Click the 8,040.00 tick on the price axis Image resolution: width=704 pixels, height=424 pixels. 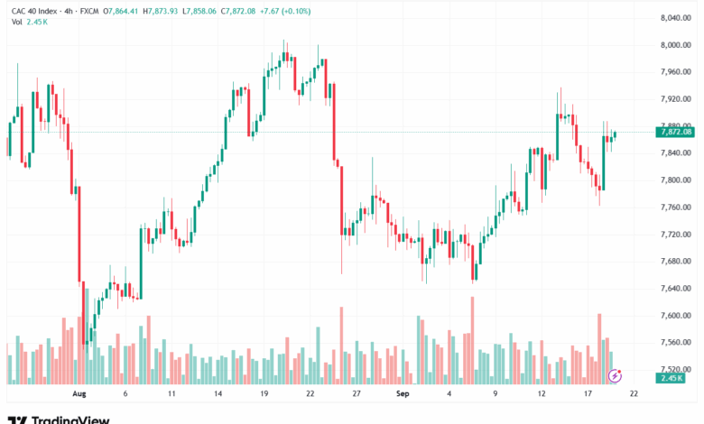click(675, 18)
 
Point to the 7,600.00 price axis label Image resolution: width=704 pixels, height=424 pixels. click(675, 316)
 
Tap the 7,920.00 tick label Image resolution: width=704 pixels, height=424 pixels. click(675, 99)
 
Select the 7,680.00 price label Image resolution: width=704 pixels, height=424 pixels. click(675, 262)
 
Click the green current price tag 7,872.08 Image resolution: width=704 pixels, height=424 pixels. click(676, 132)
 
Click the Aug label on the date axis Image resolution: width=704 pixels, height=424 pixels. click(78, 394)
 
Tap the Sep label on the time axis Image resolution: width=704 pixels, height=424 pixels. click(402, 394)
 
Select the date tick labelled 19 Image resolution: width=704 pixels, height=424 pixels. click(264, 394)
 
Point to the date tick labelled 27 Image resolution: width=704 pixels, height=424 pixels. click(357, 394)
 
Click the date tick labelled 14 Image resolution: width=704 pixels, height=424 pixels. click(218, 394)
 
